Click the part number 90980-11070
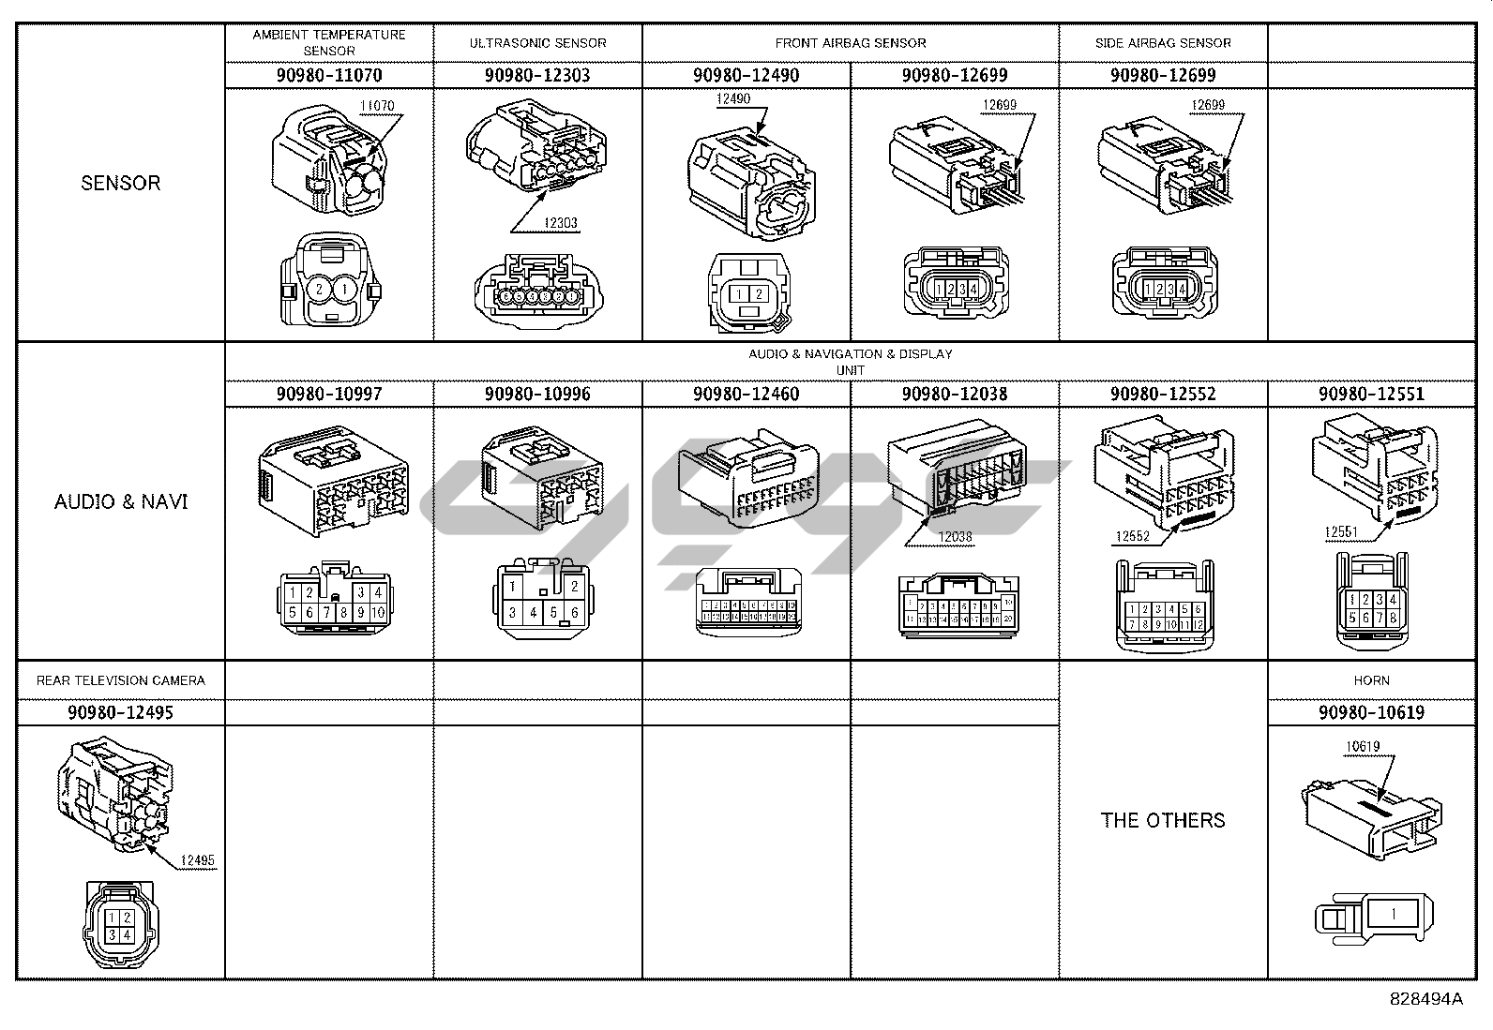point(329,75)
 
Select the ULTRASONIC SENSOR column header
point(537,43)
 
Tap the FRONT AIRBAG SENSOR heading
point(850,43)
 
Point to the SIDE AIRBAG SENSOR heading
point(1163,43)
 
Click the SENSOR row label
point(121,183)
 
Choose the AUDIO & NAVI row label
point(121,501)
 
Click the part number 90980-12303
point(537,75)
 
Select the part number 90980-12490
point(746,75)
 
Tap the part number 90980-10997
point(329,394)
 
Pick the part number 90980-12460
point(746,394)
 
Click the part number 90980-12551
point(1371,394)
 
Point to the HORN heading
point(1371,680)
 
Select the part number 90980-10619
point(1371,712)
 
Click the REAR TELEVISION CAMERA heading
point(121,680)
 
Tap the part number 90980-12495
point(121,712)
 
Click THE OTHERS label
point(1163,820)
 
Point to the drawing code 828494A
point(1425,999)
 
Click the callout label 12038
point(956,536)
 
